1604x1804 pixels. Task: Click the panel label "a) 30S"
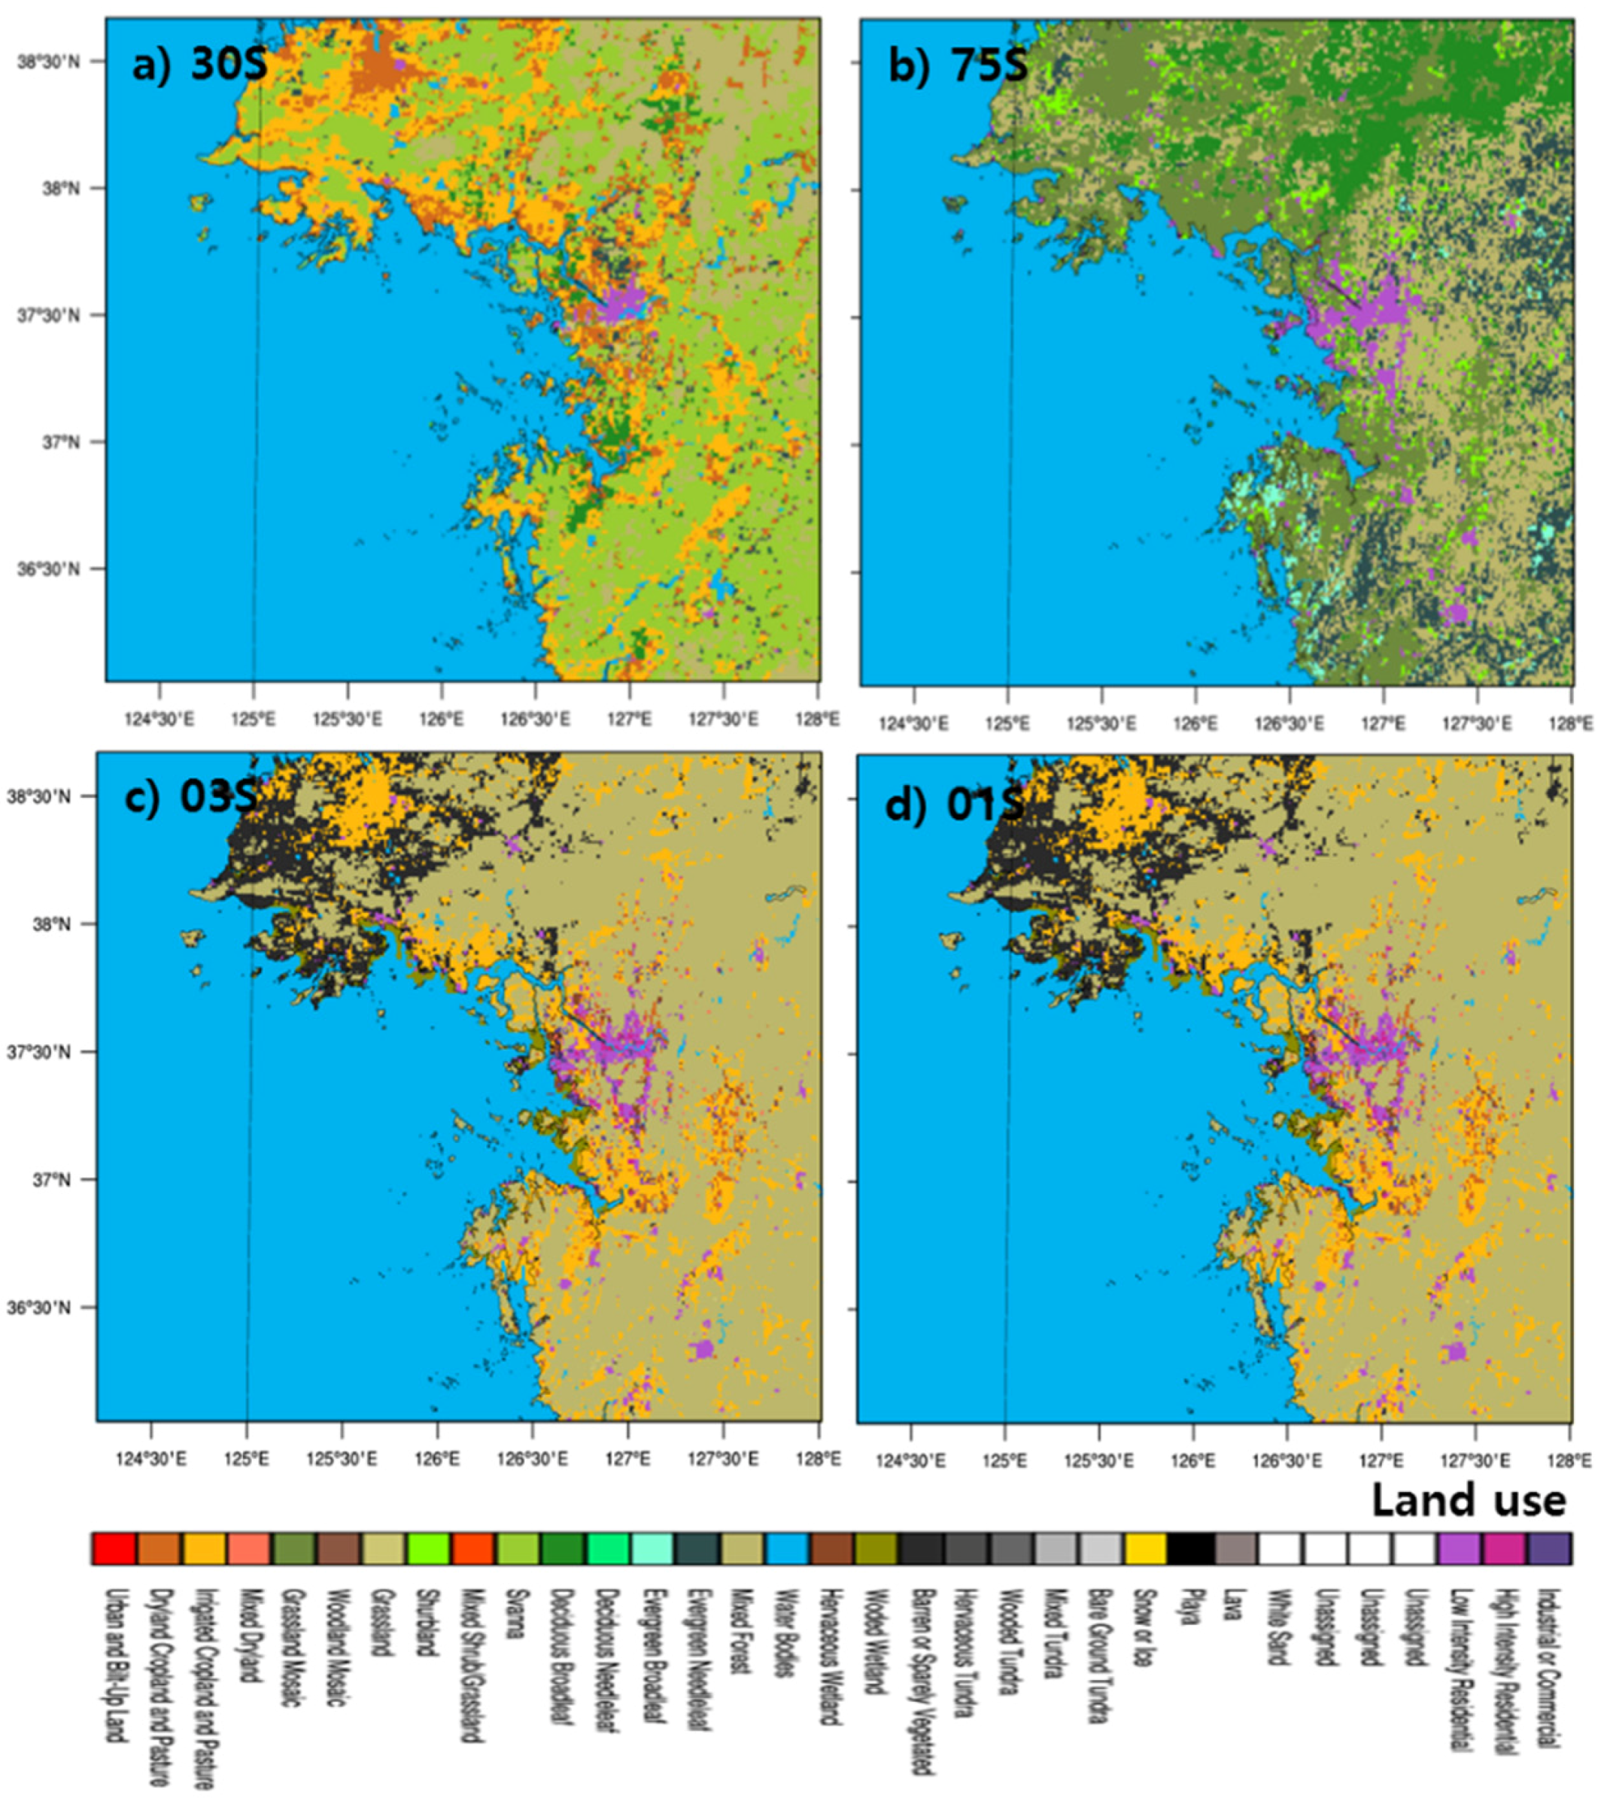click(199, 65)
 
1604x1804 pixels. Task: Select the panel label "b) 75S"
click(957, 65)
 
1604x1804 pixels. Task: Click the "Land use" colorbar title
click(1468, 1500)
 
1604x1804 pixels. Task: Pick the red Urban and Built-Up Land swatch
click(114, 1548)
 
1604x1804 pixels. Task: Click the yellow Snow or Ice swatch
click(1146, 1548)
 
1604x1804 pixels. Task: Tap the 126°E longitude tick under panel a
click(442, 718)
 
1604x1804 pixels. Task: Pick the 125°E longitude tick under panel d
click(1004, 1459)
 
